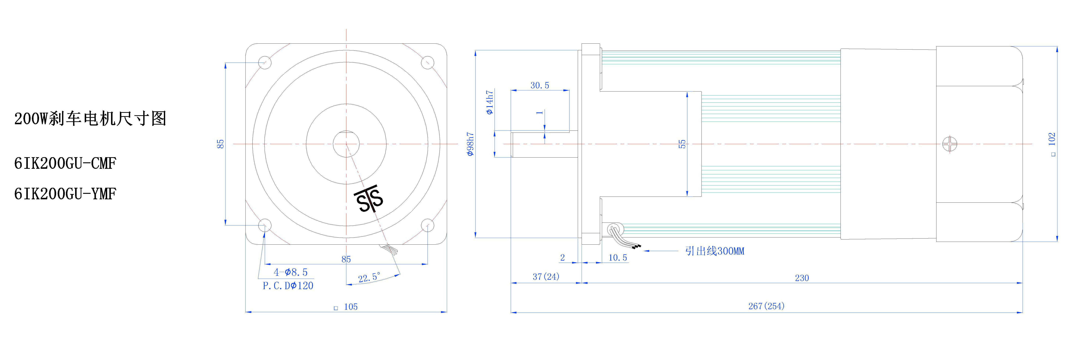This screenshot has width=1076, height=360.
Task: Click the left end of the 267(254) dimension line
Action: point(511,312)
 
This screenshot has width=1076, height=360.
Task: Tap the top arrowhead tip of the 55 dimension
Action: point(687,92)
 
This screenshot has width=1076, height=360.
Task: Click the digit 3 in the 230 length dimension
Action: point(802,278)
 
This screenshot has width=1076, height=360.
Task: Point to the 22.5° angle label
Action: point(369,277)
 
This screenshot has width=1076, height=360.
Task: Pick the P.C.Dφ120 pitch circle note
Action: point(288,286)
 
